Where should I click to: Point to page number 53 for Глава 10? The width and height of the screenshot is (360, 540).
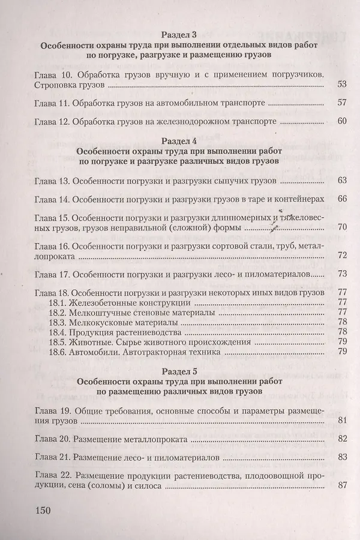tap(343, 85)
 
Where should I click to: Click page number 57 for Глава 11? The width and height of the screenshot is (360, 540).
tap(343, 103)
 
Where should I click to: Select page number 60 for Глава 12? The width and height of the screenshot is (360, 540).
tap(343, 121)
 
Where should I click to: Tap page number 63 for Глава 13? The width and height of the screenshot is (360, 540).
tap(343, 180)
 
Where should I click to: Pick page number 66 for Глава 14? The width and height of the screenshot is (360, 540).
tap(343, 199)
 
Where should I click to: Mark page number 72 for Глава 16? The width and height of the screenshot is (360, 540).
tap(343, 256)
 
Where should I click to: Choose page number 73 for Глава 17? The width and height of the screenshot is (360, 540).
tap(343, 274)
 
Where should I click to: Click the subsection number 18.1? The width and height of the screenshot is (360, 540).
tap(59, 302)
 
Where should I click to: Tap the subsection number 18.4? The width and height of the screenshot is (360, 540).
tap(59, 332)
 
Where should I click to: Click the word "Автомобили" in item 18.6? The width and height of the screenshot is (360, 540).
tap(97, 352)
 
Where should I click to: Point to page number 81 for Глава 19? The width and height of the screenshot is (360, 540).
tap(343, 420)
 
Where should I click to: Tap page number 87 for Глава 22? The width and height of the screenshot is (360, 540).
tap(343, 486)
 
